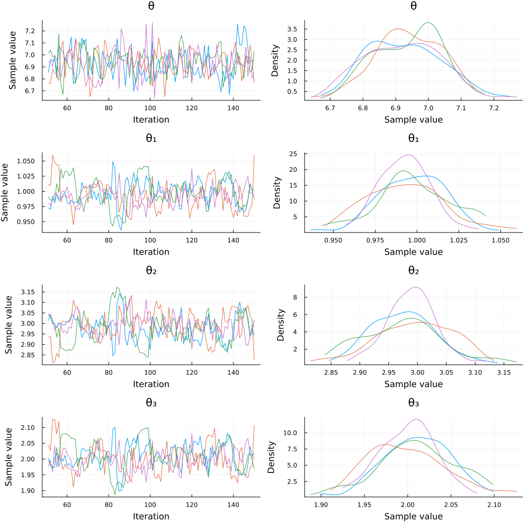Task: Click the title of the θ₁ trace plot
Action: (x=150, y=138)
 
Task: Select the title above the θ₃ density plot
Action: (x=414, y=403)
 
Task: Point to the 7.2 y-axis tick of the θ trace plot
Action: (x=31, y=30)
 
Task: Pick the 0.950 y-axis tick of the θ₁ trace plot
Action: (x=26, y=221)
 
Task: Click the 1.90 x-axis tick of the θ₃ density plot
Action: (x=321, y=505)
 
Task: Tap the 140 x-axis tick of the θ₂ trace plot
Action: (x=234, y=373)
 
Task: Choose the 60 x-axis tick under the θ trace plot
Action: (x=67, y=108)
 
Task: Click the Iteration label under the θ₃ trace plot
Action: (x=150, y=516)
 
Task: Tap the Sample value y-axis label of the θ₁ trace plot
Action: (x=5, y=192)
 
